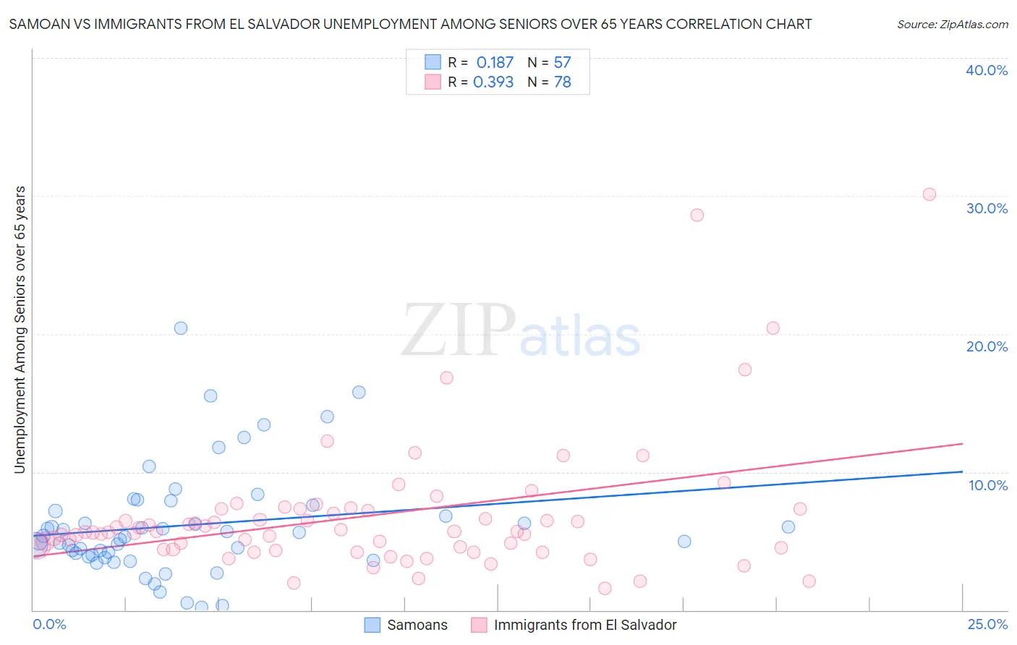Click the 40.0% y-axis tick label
coord(987,70)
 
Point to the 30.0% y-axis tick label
coord(987,208)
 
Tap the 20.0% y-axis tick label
coord(987,346)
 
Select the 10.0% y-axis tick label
coord(988,485)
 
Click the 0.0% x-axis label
coord(49,624)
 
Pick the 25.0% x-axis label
coord(987,624)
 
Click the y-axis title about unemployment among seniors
coord(20,330)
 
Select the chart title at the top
coord(410,24)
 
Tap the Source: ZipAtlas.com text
coord(952,24)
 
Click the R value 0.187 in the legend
coord(495,63)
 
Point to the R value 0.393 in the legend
coord(493,82)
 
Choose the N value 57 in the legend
coord(562,63)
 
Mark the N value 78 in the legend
coord(562,82)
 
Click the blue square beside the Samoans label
coord(373,625)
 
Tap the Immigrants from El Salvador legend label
coord(584,625)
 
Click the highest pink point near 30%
coord(929,194)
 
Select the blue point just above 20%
coord(181,328)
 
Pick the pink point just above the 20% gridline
coord(773,328)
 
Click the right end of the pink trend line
coord(963,443)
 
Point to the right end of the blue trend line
coord(963,471)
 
